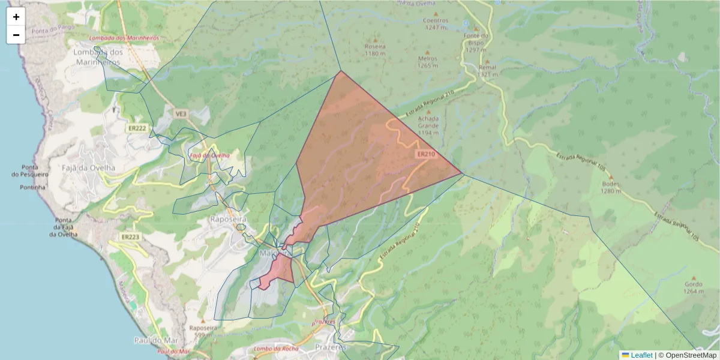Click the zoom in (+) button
(16, 17)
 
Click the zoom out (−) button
(16, 35)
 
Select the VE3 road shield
(181, 113)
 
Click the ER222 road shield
(137, 128)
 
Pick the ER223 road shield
(130, 237)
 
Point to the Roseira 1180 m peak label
(375, 49)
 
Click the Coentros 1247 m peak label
(436, 23)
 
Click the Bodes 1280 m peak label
(610, 187)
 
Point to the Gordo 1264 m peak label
(693, 288)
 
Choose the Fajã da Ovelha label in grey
(89, 168)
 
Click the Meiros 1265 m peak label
(428, 62)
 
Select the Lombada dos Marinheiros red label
(124, 38)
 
